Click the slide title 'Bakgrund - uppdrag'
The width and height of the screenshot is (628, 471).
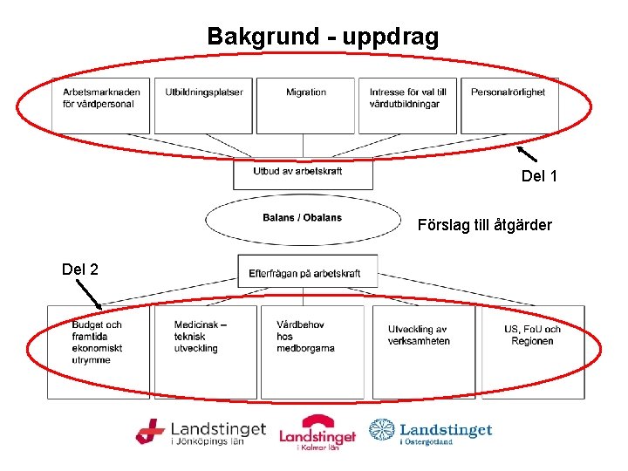[323, 37]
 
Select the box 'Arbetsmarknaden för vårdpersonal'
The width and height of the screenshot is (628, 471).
[100, 105]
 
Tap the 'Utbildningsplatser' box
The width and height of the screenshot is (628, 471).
[202, 105]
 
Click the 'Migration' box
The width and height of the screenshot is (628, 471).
[305, 105]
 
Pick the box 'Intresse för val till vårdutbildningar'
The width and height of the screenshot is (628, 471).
[407, 105]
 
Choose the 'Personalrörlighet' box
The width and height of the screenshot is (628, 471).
[509, 105]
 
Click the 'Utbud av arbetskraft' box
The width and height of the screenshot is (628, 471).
[302, 174]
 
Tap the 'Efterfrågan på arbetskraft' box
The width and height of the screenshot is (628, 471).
[307, 271]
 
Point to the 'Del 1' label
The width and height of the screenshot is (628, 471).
[539, 177]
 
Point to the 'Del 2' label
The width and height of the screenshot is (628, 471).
[80, 269]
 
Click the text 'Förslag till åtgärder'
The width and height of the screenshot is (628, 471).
[485, 225]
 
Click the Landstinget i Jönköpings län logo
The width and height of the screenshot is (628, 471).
[201, 433]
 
